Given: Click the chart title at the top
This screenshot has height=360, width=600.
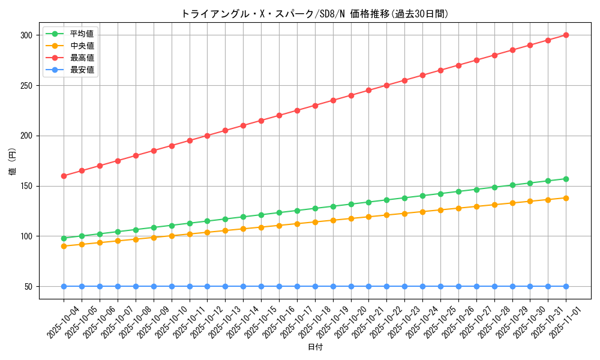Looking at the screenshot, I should click(x=314, y=14).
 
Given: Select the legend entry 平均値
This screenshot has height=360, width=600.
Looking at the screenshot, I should click(x=82, y=34).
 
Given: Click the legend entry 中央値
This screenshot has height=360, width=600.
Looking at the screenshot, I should click(x=82, y=46).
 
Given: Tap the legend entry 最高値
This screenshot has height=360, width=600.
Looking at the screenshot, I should click(x=82, y=58).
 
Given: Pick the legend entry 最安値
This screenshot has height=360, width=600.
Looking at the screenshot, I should click(x=82, y=70).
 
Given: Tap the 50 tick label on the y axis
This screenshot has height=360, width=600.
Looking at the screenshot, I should click(x=28, y=286).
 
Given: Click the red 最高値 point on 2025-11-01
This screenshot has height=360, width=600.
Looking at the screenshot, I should click(x=566, y=35).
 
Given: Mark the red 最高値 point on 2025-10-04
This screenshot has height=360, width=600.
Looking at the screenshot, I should click(x=64, y=176).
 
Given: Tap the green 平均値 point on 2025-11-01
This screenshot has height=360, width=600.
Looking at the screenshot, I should click(x=566, y=179).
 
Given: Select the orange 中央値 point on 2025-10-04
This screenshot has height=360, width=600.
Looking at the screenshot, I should click(x=64, y=246).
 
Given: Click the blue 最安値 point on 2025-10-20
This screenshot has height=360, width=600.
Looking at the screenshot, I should click(x=351, y=286).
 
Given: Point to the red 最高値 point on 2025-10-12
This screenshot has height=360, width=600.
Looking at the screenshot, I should click(x=207, y=136).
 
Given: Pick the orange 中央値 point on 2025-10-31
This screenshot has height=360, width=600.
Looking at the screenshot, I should click(x=548, y=199).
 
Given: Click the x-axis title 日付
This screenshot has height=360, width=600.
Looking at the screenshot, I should click(x=314, y=347).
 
